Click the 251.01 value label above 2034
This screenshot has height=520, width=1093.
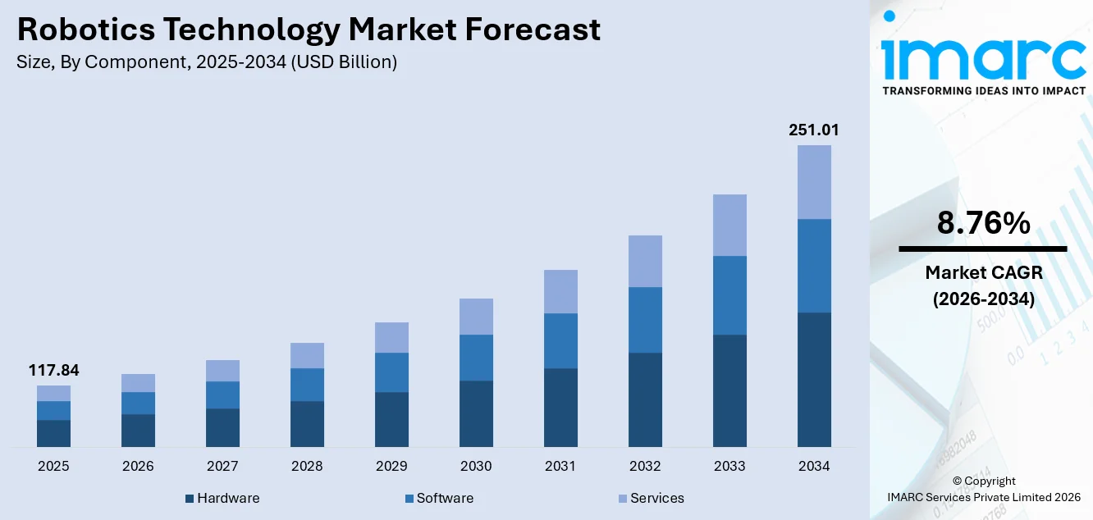814,130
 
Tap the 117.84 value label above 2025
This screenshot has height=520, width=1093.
53,371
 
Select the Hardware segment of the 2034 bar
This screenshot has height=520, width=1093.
814,380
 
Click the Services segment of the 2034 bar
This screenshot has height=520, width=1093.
814,182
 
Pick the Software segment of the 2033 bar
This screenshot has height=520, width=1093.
729,295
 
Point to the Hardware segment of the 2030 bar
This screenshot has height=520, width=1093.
476,414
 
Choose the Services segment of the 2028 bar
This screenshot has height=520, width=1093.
307,355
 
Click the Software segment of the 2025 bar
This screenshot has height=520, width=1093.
53,410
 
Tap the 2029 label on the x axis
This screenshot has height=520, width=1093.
391,466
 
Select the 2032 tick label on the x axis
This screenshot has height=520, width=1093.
645,466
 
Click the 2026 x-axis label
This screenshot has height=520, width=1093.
138,466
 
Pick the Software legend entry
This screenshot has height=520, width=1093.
439,498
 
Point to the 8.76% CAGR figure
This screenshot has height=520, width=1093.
982,223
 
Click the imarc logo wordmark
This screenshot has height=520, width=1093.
983,56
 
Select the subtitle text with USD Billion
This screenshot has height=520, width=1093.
207,62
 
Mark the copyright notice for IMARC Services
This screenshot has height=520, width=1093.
983,489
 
